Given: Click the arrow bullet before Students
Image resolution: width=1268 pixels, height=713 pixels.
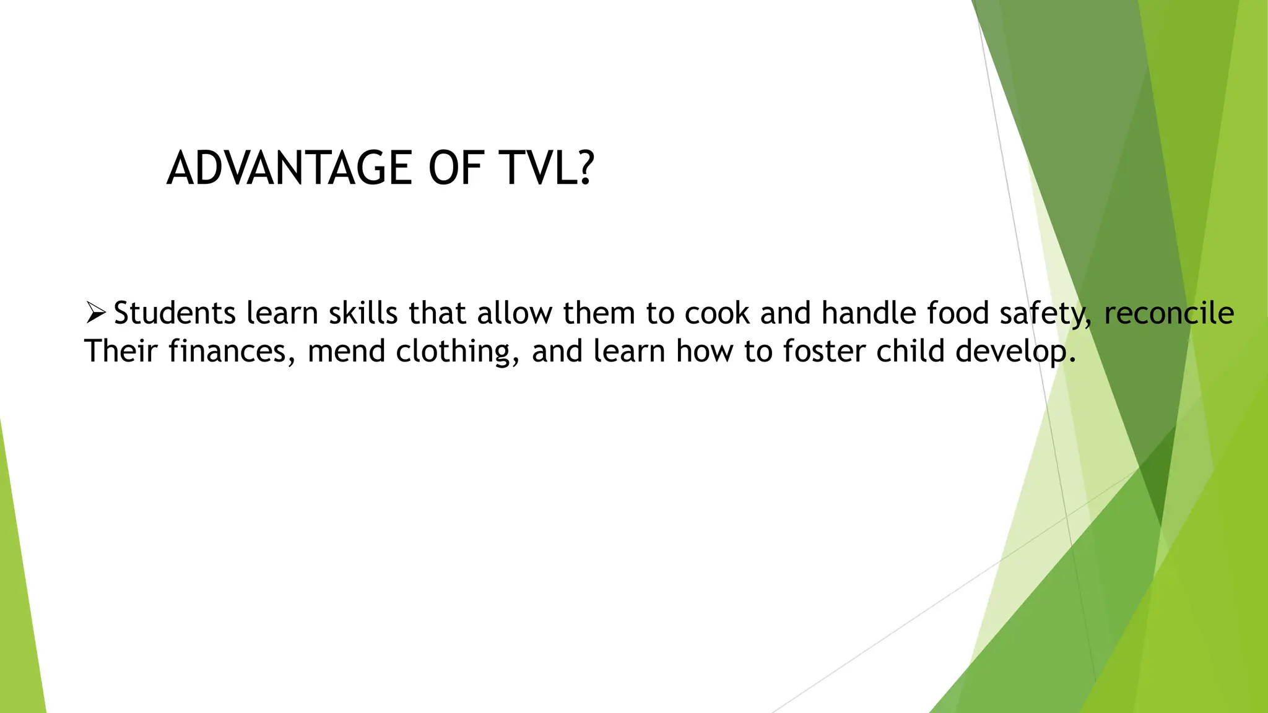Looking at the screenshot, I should point(95,313).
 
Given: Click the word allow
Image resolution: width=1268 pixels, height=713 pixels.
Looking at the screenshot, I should point(514,313).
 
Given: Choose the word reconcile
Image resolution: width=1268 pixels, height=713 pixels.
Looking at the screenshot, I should point(1169,313).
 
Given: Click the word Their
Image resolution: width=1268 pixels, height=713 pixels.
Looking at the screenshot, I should point(121,352).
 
